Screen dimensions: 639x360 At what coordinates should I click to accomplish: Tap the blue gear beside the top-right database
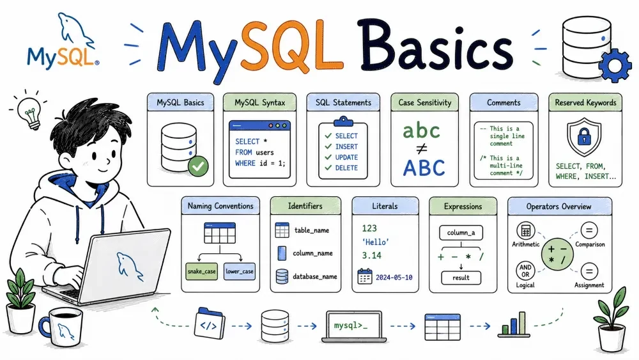[x=615, y=66]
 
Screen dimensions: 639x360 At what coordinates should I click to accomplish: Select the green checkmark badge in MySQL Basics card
[x=199, y=166]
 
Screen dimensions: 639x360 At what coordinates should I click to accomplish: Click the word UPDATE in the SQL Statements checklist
[x=346, y=157]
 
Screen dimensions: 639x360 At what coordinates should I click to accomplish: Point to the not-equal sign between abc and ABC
[x=422, y=149]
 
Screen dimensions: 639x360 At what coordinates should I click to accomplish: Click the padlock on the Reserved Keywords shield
[x=584, y=136]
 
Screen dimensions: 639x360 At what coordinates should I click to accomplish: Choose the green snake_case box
[x=201, y=271]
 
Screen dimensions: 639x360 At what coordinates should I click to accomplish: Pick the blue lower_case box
[x=240, y=271]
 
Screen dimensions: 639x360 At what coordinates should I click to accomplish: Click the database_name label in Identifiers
[x=314, y=276]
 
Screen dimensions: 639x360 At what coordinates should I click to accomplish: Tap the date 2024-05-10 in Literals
[x=394, y=278]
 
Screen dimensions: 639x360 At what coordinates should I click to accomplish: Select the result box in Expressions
[x=461, y=278]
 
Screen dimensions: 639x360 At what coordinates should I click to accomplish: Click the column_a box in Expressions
[x=461, y=233]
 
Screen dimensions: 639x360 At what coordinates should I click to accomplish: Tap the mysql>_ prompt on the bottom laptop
[x=350, y=325]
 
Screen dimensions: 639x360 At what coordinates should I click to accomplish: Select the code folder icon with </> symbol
[x=209, y=324]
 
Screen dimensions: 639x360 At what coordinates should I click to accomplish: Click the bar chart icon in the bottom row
[x=514, y=325]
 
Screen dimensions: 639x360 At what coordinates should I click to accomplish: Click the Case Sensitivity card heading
[x=425, y=103]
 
